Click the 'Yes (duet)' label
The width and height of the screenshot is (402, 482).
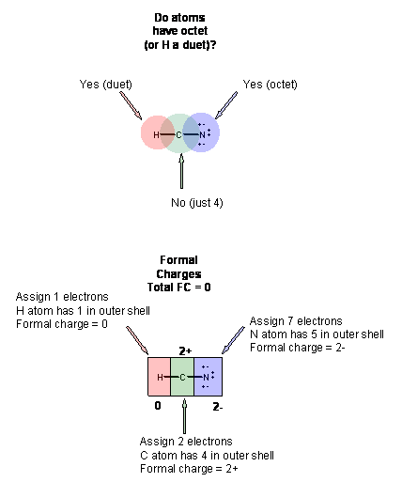pyautogui.click(x=106, y=85)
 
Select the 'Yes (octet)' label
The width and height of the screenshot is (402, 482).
pyautogui.click(x=270, y=85)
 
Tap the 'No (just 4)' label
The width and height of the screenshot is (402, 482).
pyautogui.click(x=197, y=203)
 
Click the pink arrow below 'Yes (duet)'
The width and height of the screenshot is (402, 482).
pyautogui.click(x=131, y=105)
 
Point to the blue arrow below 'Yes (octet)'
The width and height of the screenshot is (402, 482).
pyautogui.click(x=226, y=105)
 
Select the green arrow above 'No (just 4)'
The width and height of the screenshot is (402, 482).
pyautogui.click(x=181, y=171)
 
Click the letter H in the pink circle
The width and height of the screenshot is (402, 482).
pyautogui.click(x=156, y=135)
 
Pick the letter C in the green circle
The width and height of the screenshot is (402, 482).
pyautogui.click(x=178, y=135)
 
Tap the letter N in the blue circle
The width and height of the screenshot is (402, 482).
pyautogui.click(x=202, y=135)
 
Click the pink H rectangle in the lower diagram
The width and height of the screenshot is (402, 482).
pyautogui.click(x=160, y=377)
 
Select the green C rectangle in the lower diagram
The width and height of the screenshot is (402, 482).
pyautogui.click(x=182, y=377)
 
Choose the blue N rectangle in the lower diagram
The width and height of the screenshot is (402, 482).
pyautogui.click(x=209, y=377)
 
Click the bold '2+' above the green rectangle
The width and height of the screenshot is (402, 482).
pyautogui.click(x=185, y=351)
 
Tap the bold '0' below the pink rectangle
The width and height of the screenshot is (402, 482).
pyautogui.click(x=158, y=406)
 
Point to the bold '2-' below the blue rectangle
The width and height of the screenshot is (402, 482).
pyautogui.click(x=218, y=407)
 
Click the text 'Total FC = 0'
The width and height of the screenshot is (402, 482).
pyautogui.click(x=179, y=288)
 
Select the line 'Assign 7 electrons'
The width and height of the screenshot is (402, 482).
pyautogui.click(x=296, y=321)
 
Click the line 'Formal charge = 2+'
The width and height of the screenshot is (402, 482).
pyautogui.click(x=189, y=469)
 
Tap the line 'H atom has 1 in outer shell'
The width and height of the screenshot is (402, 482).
pyautogui.click(x=83, y=311)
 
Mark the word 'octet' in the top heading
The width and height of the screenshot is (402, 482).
pyautogui.click(x=194, y=31)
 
